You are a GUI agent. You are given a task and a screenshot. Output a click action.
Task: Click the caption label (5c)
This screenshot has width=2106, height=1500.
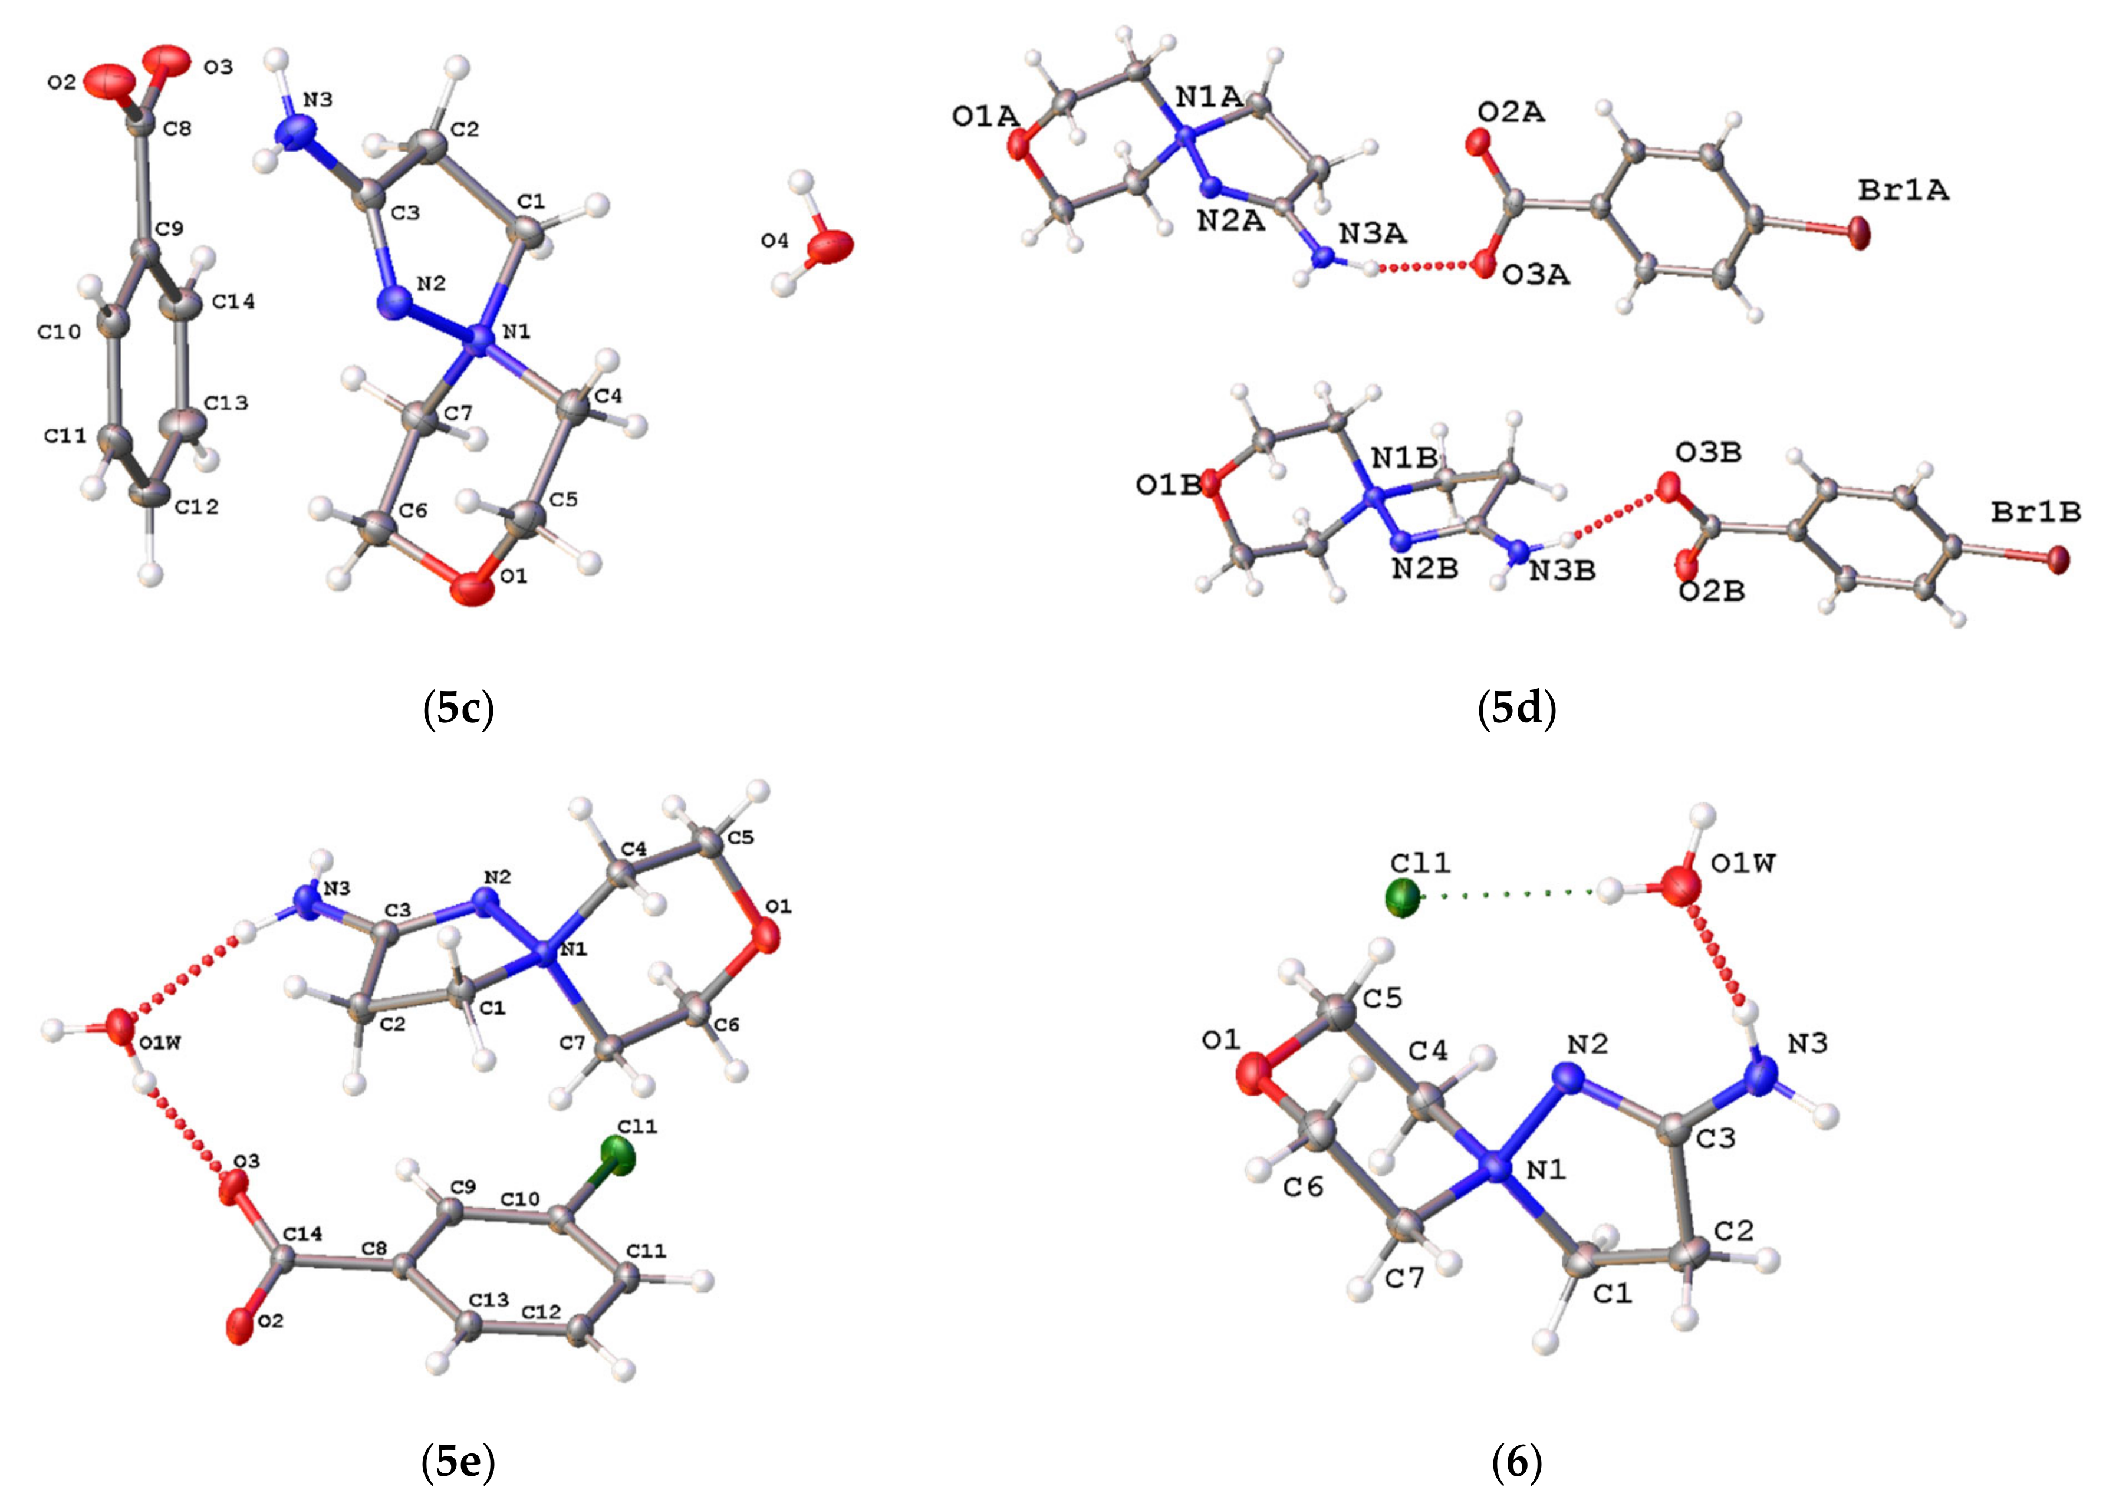click(458, 709)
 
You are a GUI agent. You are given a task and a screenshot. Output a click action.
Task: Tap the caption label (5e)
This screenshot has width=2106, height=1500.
click(458, 1461)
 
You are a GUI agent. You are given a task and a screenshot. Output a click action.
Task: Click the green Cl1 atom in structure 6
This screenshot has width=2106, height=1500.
click(1402, 898)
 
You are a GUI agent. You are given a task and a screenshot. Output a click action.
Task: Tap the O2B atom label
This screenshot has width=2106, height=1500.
click(1712, 591)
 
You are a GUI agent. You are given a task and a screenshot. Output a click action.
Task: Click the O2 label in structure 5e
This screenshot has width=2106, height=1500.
click(271, 1322)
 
